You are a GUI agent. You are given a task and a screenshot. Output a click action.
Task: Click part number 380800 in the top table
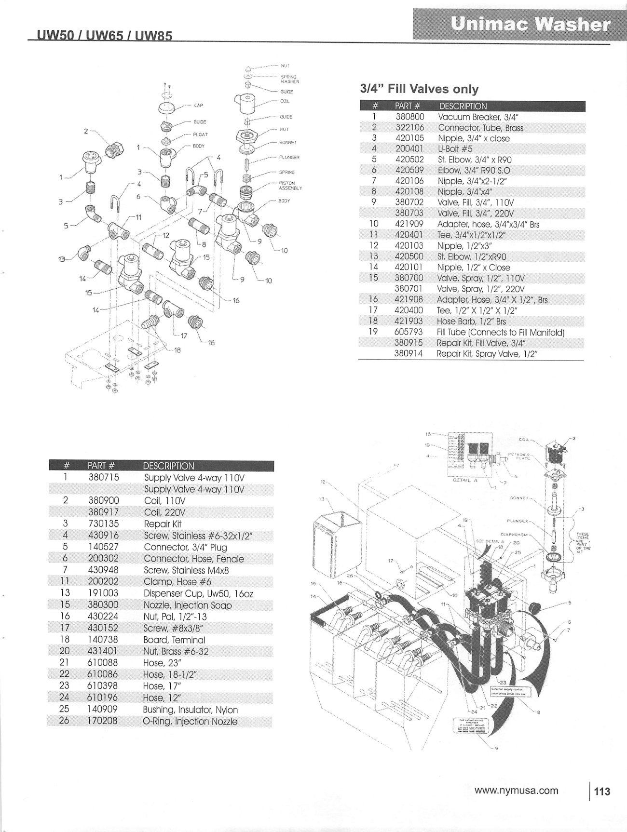pyautogui.click(x=409, y=117)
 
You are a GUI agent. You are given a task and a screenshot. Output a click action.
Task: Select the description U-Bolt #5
pyautogui.click(x=455, y=149)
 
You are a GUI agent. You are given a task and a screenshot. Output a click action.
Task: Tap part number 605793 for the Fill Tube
pyautogui.click(x=409, y=332)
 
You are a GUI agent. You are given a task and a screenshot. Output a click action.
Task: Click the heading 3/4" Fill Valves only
pyautogui.click(x=419, y=89)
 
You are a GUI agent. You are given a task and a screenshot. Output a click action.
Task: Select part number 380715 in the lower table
pyautogui.click(x=103, y=477)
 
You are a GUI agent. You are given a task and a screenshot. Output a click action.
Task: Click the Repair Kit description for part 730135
pyautogui.click(x=163, y=523)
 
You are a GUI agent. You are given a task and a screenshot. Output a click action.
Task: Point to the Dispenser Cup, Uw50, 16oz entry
pyautogui.click(x=198, y=593)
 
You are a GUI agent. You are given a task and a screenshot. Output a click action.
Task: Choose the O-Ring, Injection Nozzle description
pyautogui.click(x=190, y=721)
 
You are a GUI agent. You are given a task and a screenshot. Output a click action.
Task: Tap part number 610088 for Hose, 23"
pyautogui.click(x=103, y=663)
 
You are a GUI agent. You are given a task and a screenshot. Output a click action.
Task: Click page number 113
pyautogui.click(x=602, y=791)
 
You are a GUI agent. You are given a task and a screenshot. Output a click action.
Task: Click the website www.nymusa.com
pyautogui.click(x=516, y=791)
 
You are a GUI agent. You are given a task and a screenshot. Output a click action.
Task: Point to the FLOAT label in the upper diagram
pyautogui.click(x=200, y=134)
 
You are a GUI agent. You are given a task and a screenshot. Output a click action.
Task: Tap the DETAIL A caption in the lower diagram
pyautogui.click(x=464, y=480)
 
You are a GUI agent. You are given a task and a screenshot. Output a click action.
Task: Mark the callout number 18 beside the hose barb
pyautogui.click(x=177, y=350)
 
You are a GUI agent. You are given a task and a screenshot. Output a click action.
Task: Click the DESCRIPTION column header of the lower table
pyautogui.click(x=168, y=466)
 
